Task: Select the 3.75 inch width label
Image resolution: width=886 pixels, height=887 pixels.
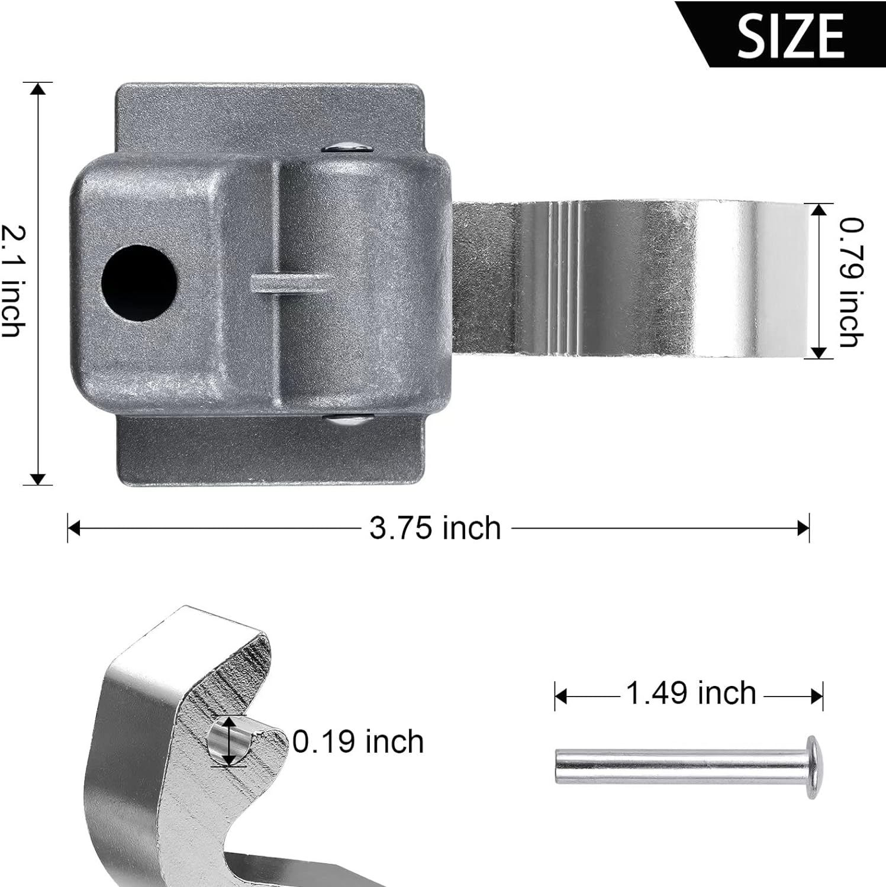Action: pos(435,527)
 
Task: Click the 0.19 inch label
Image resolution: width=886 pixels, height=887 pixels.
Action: pos(358,742)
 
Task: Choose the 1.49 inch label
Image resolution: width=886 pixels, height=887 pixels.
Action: pos(690,693)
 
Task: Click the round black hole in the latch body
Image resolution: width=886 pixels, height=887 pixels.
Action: pos(140,283)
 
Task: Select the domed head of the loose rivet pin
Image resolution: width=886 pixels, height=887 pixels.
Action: pos(813,767)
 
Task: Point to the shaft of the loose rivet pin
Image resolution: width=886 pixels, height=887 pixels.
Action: pos(675,766)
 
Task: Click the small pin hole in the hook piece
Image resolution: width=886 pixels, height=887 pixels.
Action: pos(228,742)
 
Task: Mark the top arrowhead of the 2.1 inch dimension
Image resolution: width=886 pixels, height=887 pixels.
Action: pos(38,89)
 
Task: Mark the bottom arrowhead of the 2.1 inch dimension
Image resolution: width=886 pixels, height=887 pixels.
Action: pos(38,479)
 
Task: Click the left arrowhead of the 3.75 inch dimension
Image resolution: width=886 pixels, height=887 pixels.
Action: pos(73,528)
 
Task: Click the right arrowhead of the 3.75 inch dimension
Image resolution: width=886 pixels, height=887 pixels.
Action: pos(803,528)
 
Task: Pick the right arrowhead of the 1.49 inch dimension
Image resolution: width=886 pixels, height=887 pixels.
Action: pos(817,697)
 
